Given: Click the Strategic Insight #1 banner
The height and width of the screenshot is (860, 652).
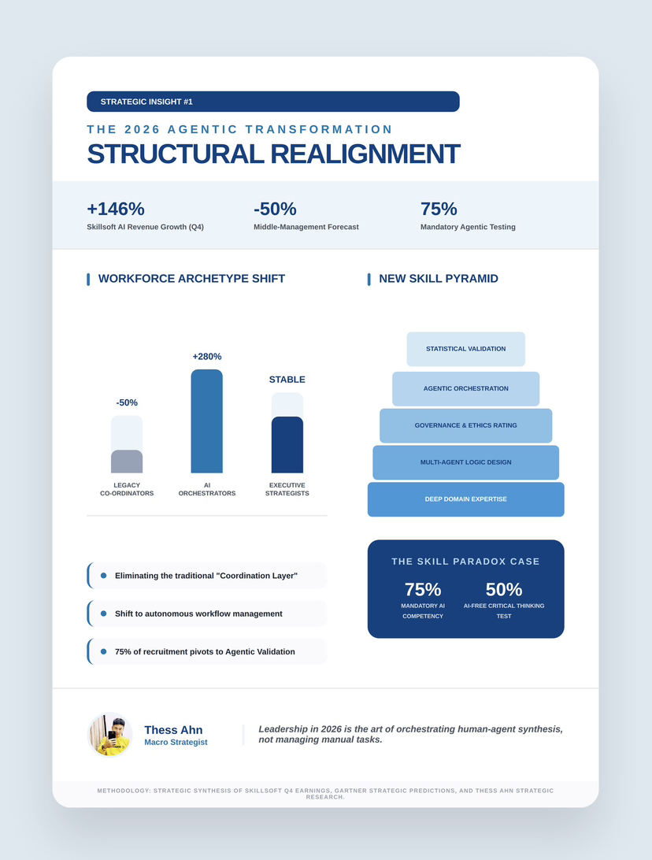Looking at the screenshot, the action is (x=272, y=102).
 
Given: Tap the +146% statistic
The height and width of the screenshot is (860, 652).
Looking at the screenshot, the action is (x=116, y=209).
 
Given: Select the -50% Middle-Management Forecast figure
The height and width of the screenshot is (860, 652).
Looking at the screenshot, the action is (x=275, y=209).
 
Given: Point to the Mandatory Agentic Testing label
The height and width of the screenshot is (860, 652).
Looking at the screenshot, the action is (x=468, y=227).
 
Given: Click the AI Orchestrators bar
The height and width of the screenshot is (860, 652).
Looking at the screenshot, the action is (x=206, y=421).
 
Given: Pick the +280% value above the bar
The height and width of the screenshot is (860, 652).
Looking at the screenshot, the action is (x=207, y=357).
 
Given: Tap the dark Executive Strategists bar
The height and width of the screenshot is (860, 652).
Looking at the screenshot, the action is (x=287, y=445).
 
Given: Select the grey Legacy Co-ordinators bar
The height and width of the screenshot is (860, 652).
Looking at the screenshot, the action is (x=127, y=462).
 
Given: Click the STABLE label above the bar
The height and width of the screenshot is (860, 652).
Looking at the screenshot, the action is (x=287, y=380).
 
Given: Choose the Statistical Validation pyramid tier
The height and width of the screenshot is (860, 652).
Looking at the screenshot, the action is (x=465, y=349).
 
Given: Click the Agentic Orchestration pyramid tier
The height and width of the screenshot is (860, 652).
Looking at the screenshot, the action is (x=465, y=389).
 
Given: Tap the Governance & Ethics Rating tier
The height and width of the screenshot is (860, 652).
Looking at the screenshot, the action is (x=465, y=426).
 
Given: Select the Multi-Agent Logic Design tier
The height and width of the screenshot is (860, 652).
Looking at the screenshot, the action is (x=465, y=462).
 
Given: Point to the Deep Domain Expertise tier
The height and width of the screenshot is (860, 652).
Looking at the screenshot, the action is (x=465, y=499).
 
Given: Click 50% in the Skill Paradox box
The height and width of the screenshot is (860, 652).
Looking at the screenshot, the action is (x=504, y=589).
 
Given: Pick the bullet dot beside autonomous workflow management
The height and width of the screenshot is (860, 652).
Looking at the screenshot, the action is (x=103, y=613).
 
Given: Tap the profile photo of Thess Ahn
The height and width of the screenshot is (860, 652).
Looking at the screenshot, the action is (x=109, y=735).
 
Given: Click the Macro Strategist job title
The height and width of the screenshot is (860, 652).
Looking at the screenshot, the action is (x=176, y=743).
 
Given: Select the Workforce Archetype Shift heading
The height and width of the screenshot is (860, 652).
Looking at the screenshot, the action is (x=191, y=279).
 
